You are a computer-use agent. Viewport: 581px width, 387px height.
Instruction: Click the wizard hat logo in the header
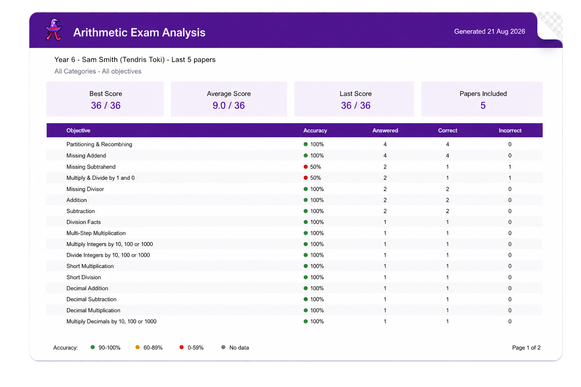coord(54,29)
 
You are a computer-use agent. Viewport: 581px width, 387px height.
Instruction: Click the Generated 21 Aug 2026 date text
coord(489,31)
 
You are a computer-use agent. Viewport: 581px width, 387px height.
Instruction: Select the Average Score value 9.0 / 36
coord(228,105)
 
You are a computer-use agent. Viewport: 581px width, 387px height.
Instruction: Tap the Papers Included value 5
coord(483,105)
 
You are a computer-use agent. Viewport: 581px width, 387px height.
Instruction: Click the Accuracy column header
coord(315,130)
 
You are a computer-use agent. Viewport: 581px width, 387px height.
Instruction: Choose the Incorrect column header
coord(510,130)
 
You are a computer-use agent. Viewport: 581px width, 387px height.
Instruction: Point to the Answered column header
coord(385,130)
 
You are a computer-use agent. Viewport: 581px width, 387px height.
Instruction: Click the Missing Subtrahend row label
coord(91,167)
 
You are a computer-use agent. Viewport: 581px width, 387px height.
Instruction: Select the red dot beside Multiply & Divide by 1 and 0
coord(306,178)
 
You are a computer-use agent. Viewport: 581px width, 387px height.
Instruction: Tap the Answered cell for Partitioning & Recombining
coord(385,144)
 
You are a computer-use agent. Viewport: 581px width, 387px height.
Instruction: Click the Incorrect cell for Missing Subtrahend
coord(510,167)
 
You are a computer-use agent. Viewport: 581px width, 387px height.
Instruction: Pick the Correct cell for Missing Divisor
coord(447,189)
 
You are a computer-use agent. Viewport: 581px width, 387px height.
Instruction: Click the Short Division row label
coord(84,277)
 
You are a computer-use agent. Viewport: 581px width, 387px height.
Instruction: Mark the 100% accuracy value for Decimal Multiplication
coord(317,310)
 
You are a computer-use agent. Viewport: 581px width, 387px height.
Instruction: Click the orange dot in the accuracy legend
coord(137,347)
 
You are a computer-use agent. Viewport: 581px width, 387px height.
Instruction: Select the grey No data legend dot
coord(223,347)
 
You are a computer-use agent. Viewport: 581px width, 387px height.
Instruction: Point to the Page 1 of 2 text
coord(526,348)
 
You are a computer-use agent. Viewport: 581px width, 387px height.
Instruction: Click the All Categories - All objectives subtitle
coord(98,71)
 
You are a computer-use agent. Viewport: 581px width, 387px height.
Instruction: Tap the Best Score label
coord(106,94)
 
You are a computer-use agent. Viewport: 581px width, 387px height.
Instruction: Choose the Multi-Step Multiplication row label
coord(96,233)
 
